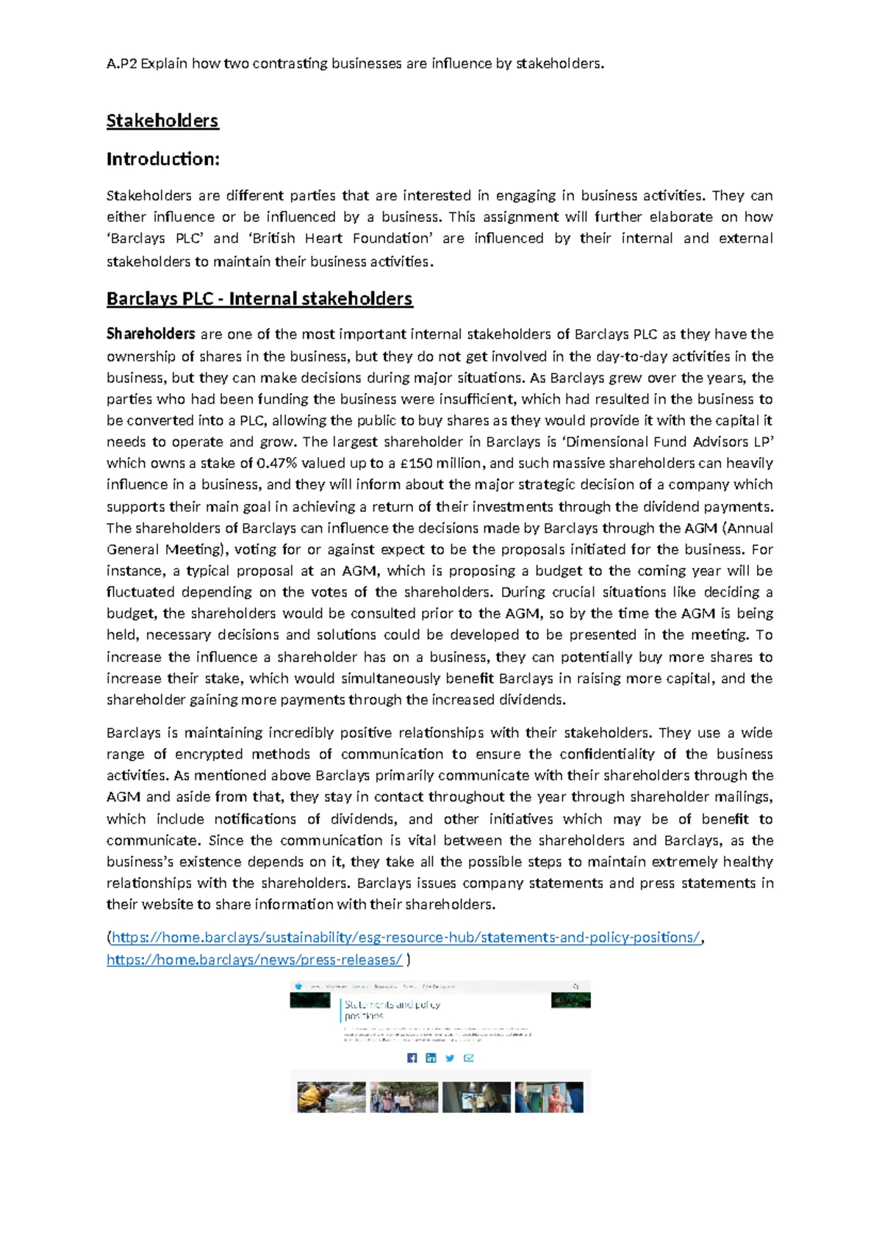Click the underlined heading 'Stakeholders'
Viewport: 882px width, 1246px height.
pyautogui.click(x=162, y=120)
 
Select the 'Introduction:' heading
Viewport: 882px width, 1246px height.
pyautogui.click(x=163, y=159)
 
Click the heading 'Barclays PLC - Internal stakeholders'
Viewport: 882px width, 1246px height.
pyautogui.click(x=259, y=298)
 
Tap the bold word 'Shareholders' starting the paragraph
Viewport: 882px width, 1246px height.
pyautogui.click(x=151, y=334)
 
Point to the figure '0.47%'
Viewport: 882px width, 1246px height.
pyautogui.click(x=276, y=463)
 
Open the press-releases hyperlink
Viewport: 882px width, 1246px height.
pyautogui.click(x=254, y=959)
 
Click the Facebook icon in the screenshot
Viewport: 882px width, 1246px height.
pyautogui.click(x=412, y=1058)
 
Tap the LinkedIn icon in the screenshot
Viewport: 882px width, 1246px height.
pyautogui.click(x=431, y=1058)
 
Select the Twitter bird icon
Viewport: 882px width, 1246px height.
pyautogui.click(x=450, y=1058)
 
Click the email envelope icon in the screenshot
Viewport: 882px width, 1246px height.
pyautogui.click(x=469, y=1058)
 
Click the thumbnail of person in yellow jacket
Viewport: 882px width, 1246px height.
pyautogui.click(x=331, y=1097)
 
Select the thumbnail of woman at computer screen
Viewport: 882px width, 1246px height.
pyautogui.click(x=476, y=1097)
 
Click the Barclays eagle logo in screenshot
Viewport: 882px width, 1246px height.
pyautogui.click(x=298, y=986)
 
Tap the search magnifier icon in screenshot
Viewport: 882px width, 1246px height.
pyautogui.click(x=576, y=986)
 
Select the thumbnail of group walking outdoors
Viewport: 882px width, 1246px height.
pyautogui.click(x=404, y=1097)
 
